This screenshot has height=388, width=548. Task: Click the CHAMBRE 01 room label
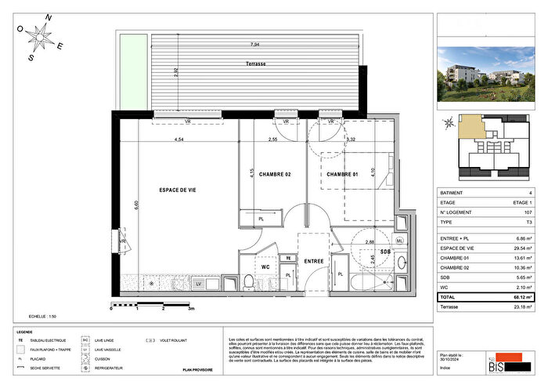click(341, 174)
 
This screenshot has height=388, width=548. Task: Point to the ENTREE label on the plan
click(314, 261)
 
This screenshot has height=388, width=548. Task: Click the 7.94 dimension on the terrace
click(255, 45)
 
